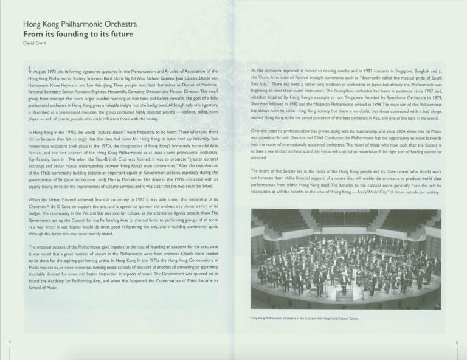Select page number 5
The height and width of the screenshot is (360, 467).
point(457,342)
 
